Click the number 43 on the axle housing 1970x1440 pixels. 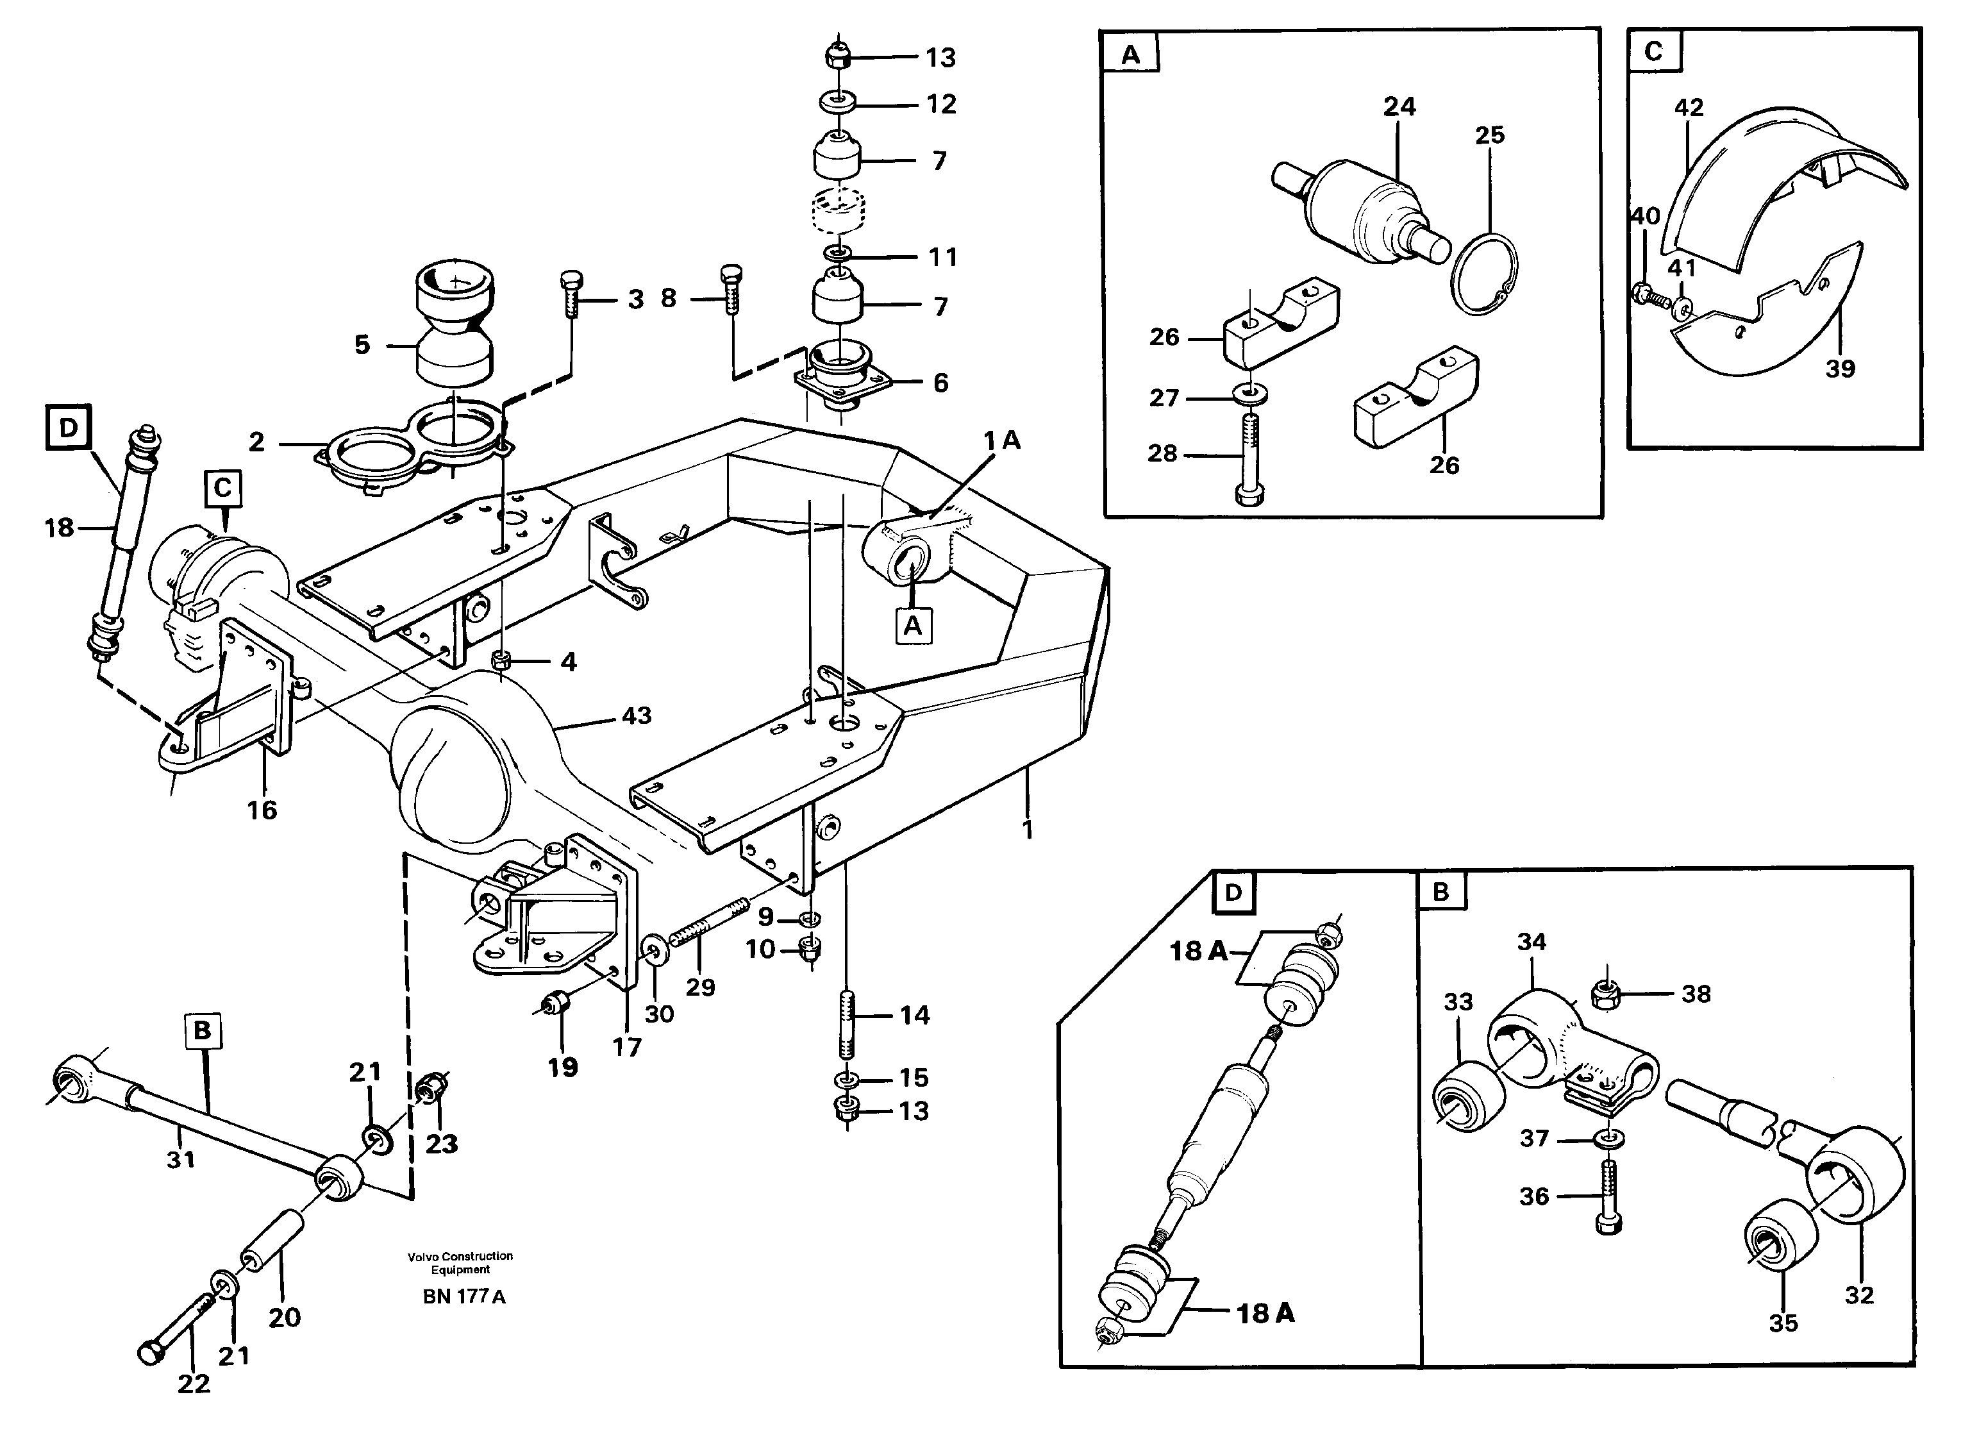point(637,716)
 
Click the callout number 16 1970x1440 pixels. point(262,810)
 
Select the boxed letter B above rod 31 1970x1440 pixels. point(201,1030)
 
